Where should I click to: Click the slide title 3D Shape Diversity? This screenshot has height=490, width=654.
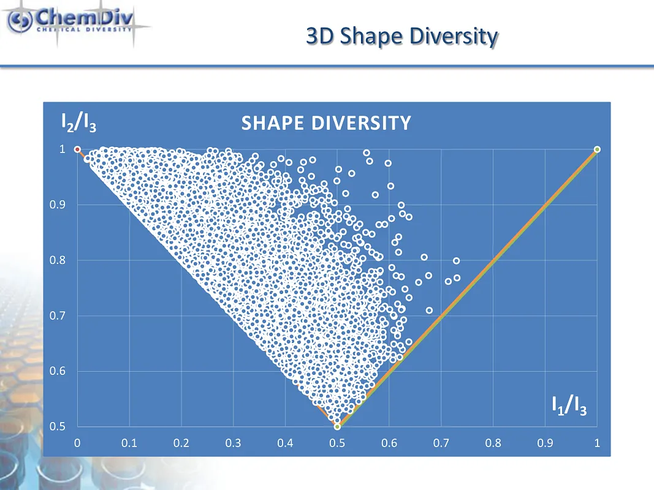pos(401,37)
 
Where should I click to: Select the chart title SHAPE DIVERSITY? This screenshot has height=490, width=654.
pos(325,123)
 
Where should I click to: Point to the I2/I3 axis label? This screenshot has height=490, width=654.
pos(78,124)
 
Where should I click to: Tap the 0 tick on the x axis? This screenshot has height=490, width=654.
pos(77,443)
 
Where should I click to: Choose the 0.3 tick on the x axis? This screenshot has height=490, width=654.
pos(233,443)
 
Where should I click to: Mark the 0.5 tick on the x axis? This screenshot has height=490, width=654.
pos(337,443)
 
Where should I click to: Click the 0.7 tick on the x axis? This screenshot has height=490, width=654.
pos(441,443)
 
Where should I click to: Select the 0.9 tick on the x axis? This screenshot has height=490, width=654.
pos(545,443)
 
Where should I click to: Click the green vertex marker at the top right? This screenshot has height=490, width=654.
pos(597,149)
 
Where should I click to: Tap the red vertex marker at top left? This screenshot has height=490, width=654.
pos(77,149)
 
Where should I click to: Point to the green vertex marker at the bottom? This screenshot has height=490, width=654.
pos(337,427)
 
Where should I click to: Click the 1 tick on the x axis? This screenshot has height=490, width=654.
pos(597,443)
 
